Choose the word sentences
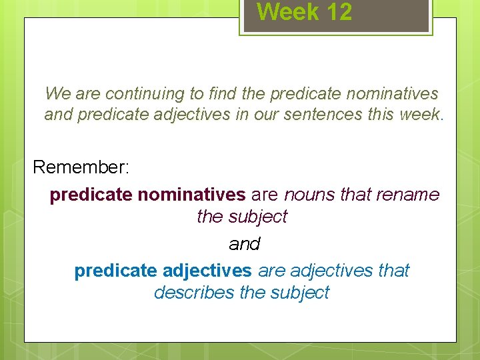point(325,115)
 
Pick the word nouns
point(309,195)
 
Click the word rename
point(407,195)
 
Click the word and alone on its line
point(244,245)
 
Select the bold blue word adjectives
point(207,271)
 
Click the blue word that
point(393,271)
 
